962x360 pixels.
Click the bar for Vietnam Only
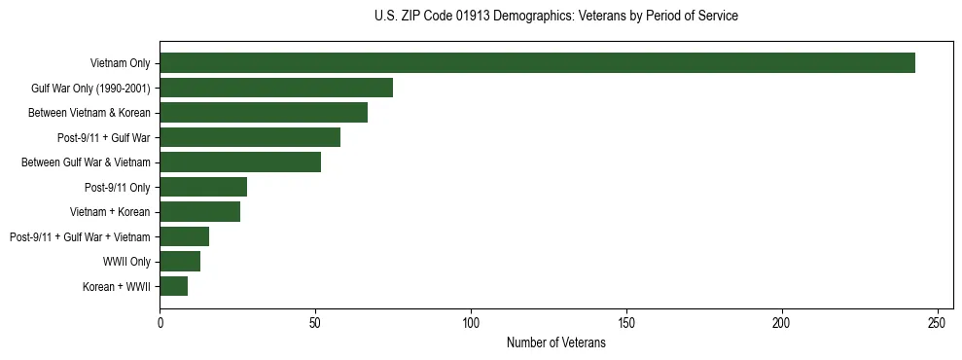(x=537, y=63)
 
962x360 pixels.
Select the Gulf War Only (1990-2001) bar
(x=276, y=88)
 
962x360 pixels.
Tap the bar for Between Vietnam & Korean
(x=264, y=113)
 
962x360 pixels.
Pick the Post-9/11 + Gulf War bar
(x=250, y=137)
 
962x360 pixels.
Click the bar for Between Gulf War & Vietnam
(x=240, y=162)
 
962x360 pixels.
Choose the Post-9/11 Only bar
(x=203, y=187)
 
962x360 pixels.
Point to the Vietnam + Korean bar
(x=199, y=212)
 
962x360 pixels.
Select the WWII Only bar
(x=180, y=262)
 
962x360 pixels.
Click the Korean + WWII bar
(x=173, y=286)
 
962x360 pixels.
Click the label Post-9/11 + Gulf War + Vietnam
(x=80, y=236)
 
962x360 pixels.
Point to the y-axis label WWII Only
(x=126, y=262)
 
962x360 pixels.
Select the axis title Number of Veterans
(x=555, y=342)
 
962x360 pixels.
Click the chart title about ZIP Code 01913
(x=555, y=17)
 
